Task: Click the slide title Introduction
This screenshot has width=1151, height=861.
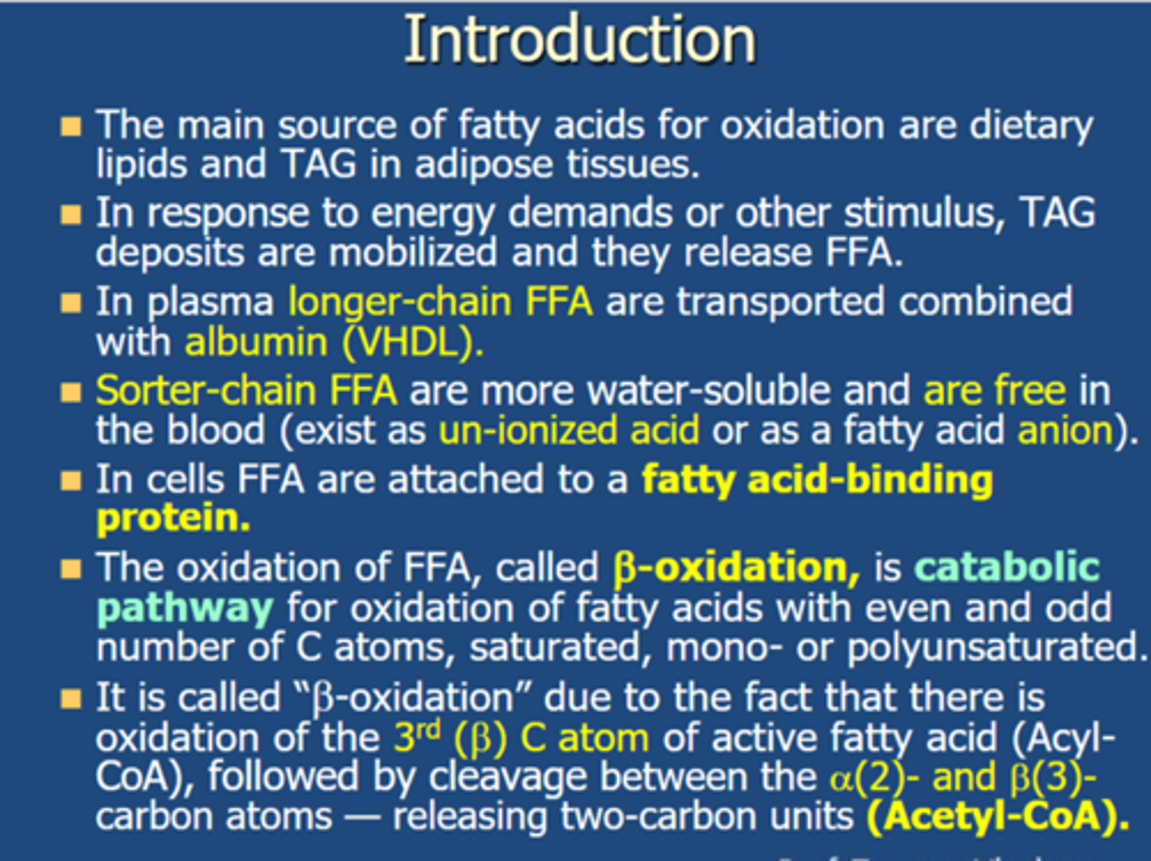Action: click(579, 40)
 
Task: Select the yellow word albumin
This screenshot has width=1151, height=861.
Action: click(256, 342)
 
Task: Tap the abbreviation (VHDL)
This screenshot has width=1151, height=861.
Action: click(412, 342)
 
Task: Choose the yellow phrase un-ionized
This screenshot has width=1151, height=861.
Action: click(528, 431)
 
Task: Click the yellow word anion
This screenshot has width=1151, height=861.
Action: click(1065, 431)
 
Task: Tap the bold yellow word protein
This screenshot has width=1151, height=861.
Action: click(173, 518)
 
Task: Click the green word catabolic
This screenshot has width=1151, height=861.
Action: click(1007, 568)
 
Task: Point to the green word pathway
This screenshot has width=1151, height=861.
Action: click(185, 608)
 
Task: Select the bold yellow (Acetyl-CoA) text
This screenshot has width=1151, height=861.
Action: click(998, 816)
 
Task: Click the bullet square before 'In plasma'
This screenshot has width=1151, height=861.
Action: click(71, 303)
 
